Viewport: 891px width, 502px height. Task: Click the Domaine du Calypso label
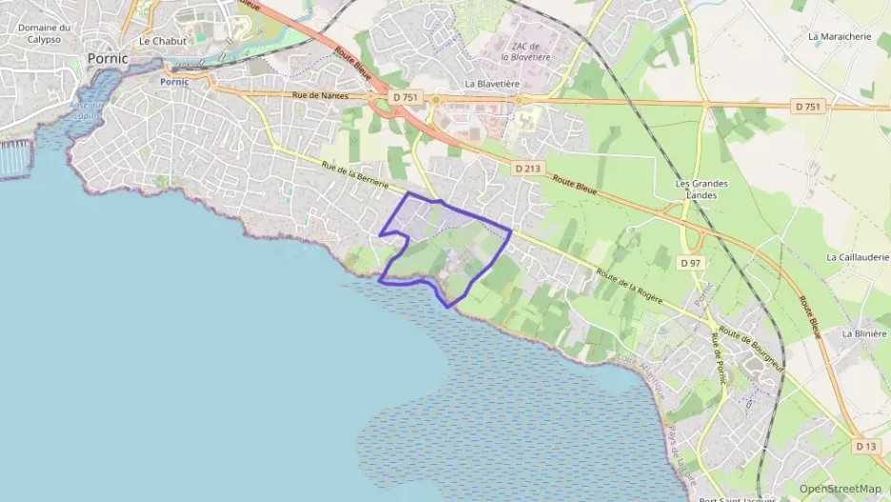[x=44, y=32]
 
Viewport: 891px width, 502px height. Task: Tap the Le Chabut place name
[x=163, y=41]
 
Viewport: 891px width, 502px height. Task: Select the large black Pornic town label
[x=107, y=58]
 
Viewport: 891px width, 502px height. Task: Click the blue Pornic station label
[x=174, y=82]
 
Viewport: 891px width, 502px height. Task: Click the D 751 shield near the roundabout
[x=405, y=97]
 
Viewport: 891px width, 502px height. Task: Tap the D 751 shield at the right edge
[x=806, y=107]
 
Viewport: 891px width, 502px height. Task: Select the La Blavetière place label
[x=492, y=84]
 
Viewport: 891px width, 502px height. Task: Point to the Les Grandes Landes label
[x=695, y=189]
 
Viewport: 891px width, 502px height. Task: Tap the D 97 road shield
[x=690, y=262]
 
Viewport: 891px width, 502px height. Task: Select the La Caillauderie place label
[x=857, y=257]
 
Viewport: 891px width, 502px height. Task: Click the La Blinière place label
[x=864, y=334]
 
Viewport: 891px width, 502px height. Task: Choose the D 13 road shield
[x=865, y=446]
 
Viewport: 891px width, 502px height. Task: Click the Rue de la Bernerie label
[x=357, y=177]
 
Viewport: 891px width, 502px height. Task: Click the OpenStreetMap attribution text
[x=841, y=489]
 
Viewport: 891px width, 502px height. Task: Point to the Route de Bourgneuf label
[x=752, y=349]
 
